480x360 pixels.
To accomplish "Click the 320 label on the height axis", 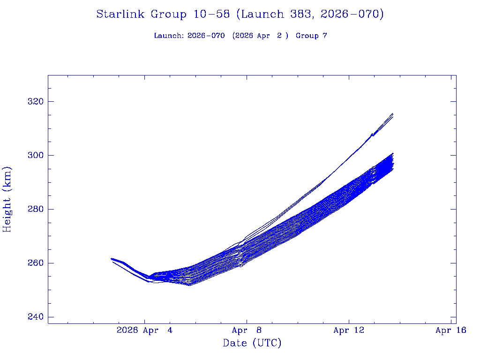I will [34, 102].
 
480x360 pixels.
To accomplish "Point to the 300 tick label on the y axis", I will [34, 155].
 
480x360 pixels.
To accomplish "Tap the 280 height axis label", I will [34, 209].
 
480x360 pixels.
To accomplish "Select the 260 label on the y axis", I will [34, 263].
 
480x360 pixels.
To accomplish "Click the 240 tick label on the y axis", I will [34, 317].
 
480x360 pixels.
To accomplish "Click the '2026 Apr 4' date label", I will [144, 330].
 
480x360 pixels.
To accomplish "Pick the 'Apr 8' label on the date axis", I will [247, 330].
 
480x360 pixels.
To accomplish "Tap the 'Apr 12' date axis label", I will [349, 330].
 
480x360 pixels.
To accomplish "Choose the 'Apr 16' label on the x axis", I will [450, 330].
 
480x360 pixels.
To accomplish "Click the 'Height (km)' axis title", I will [7, 199].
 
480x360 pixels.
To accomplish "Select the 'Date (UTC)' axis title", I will [252, 344].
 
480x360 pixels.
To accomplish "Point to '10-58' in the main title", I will [211, 15].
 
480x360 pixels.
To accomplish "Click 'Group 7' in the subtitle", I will [311, 36].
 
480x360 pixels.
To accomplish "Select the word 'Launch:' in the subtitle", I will [169, 36].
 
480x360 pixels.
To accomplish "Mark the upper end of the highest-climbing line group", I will [392, 114].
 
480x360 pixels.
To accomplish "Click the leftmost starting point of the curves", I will [112, 259].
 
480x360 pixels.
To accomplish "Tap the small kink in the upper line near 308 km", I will [372, 134].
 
